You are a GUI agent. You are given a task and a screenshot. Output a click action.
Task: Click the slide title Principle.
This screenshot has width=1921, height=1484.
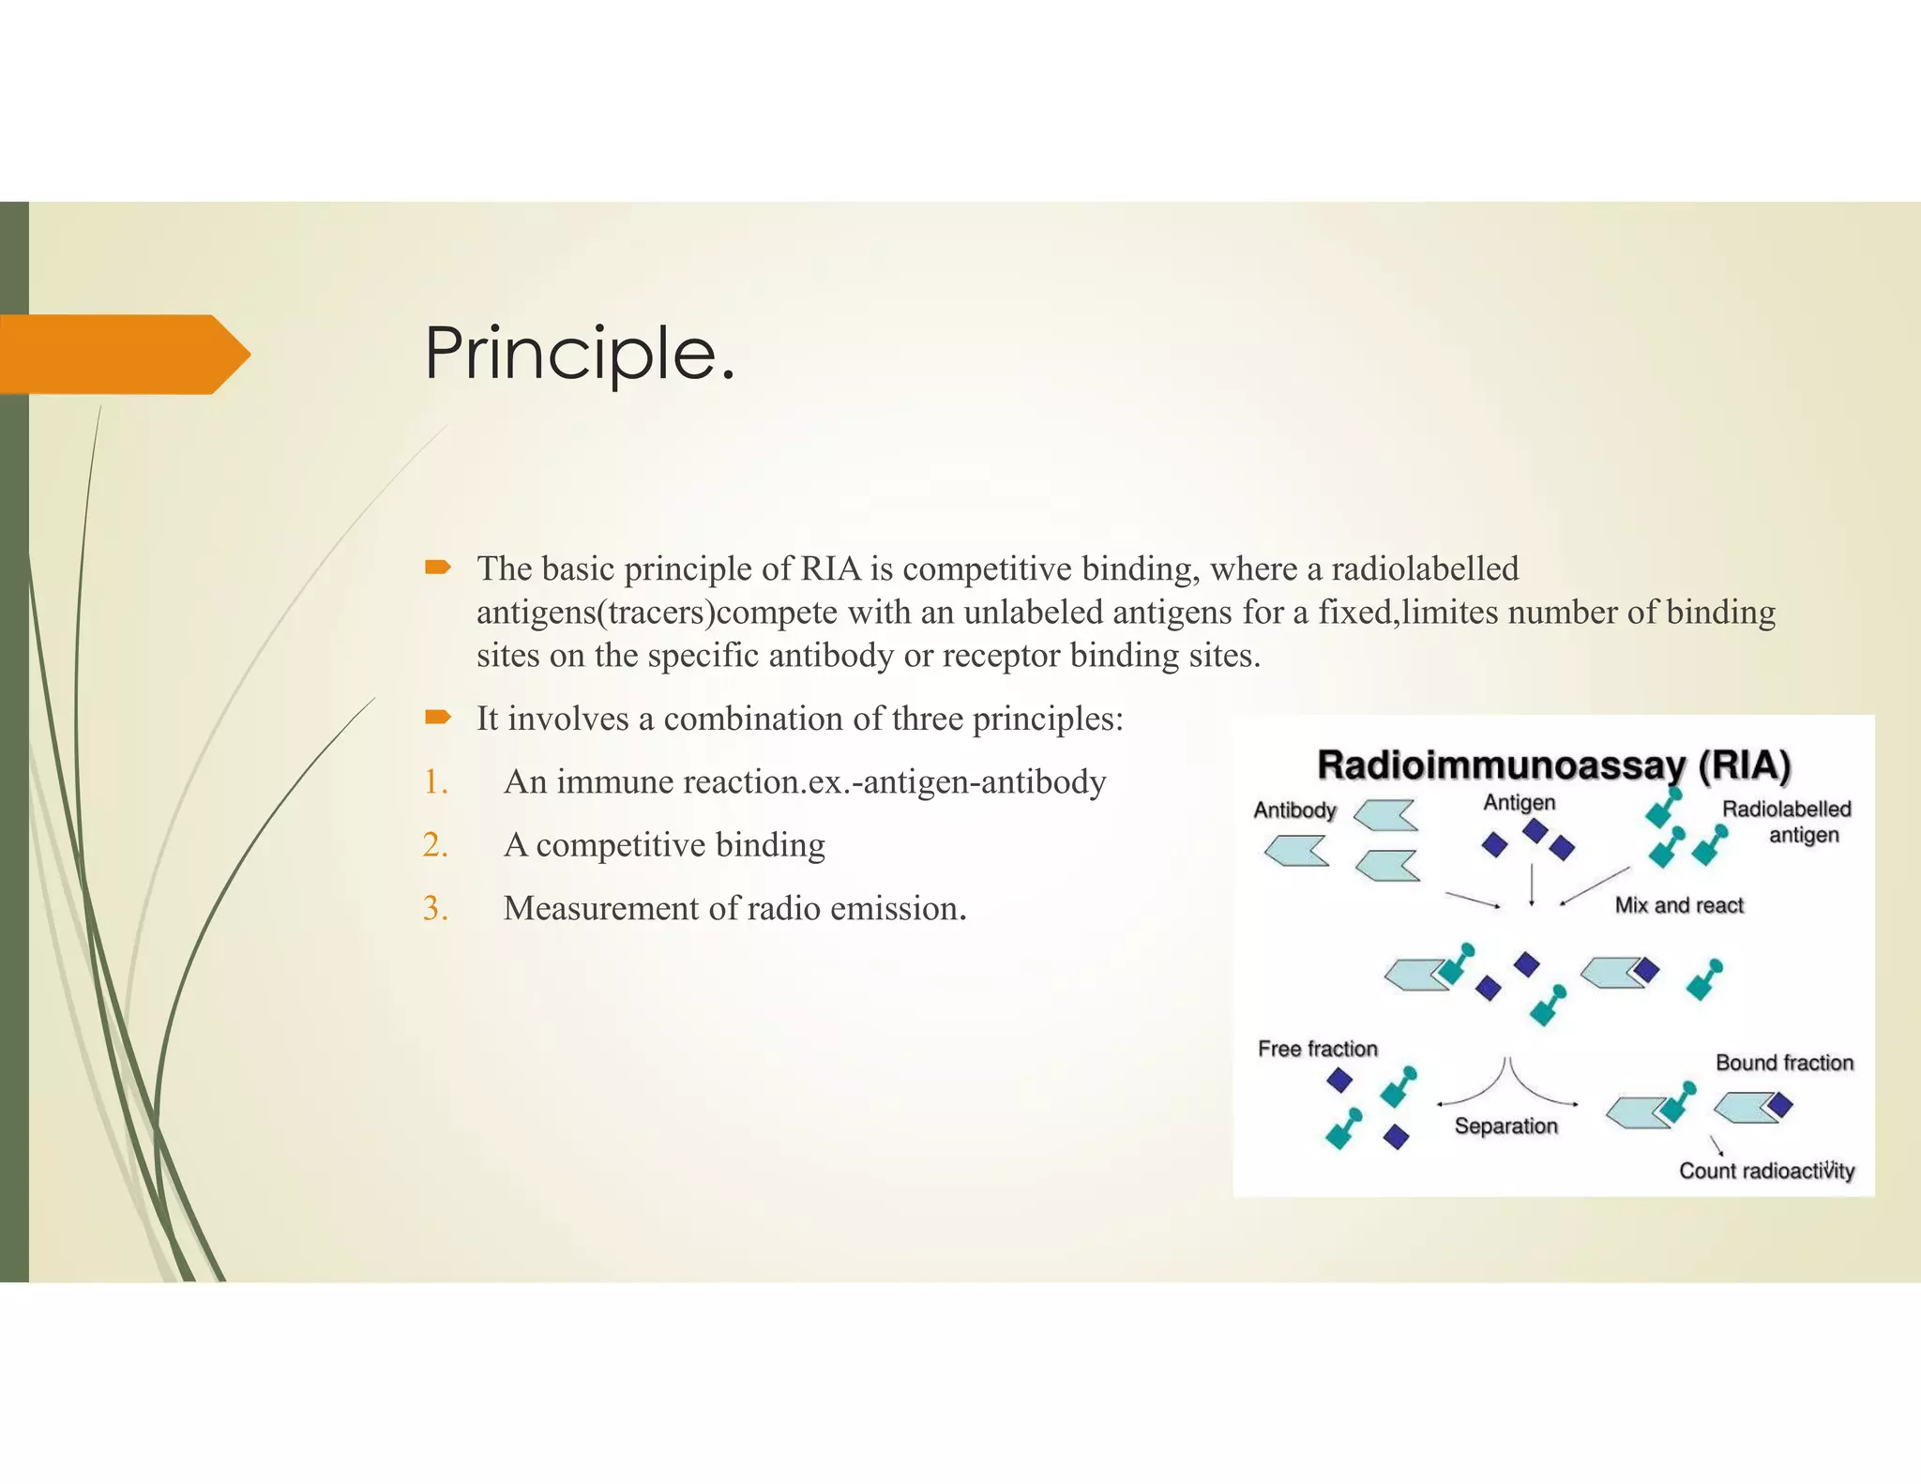click(579, 354)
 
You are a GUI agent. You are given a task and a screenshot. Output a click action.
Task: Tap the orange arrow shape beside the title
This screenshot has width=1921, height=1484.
click(122, 354)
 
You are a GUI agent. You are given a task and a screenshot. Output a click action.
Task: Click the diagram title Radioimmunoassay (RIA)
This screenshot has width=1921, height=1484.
click(1553, 765)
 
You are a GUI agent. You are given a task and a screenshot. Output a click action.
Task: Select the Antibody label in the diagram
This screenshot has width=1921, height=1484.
click(1294, 810)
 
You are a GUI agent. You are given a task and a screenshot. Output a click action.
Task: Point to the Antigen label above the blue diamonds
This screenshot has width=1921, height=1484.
click(1519, 802)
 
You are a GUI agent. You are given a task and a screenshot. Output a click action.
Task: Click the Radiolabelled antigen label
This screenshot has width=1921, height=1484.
click(1786, 821)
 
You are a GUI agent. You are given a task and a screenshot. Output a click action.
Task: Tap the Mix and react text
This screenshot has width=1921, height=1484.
click(1678, 905)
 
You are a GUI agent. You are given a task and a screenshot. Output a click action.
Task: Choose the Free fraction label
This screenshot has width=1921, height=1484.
click(1317, 1049)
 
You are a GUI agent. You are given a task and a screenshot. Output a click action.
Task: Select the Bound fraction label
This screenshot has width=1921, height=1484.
click(1784, 1063)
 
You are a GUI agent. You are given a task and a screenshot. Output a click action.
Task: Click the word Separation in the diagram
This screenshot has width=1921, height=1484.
click(1505, 1126)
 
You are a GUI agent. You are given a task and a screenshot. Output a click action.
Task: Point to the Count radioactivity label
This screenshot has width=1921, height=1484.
click(1766, 1171)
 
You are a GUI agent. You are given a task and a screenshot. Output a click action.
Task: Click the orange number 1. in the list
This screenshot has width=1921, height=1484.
click(435, 781)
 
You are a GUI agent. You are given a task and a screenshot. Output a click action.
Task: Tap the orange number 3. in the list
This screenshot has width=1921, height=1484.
click(435, 908)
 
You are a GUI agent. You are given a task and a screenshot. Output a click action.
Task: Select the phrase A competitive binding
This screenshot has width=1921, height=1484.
click(664, 845)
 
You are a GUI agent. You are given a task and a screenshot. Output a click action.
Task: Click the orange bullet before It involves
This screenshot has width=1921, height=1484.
click(437, 718)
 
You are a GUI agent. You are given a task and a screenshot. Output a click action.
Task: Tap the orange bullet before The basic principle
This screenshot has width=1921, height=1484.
click(437, 567)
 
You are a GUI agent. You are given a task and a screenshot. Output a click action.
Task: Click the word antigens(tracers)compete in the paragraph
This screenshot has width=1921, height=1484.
click(657, 613)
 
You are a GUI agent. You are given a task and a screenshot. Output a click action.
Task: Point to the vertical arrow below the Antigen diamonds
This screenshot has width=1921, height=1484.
click(1532, 884)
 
